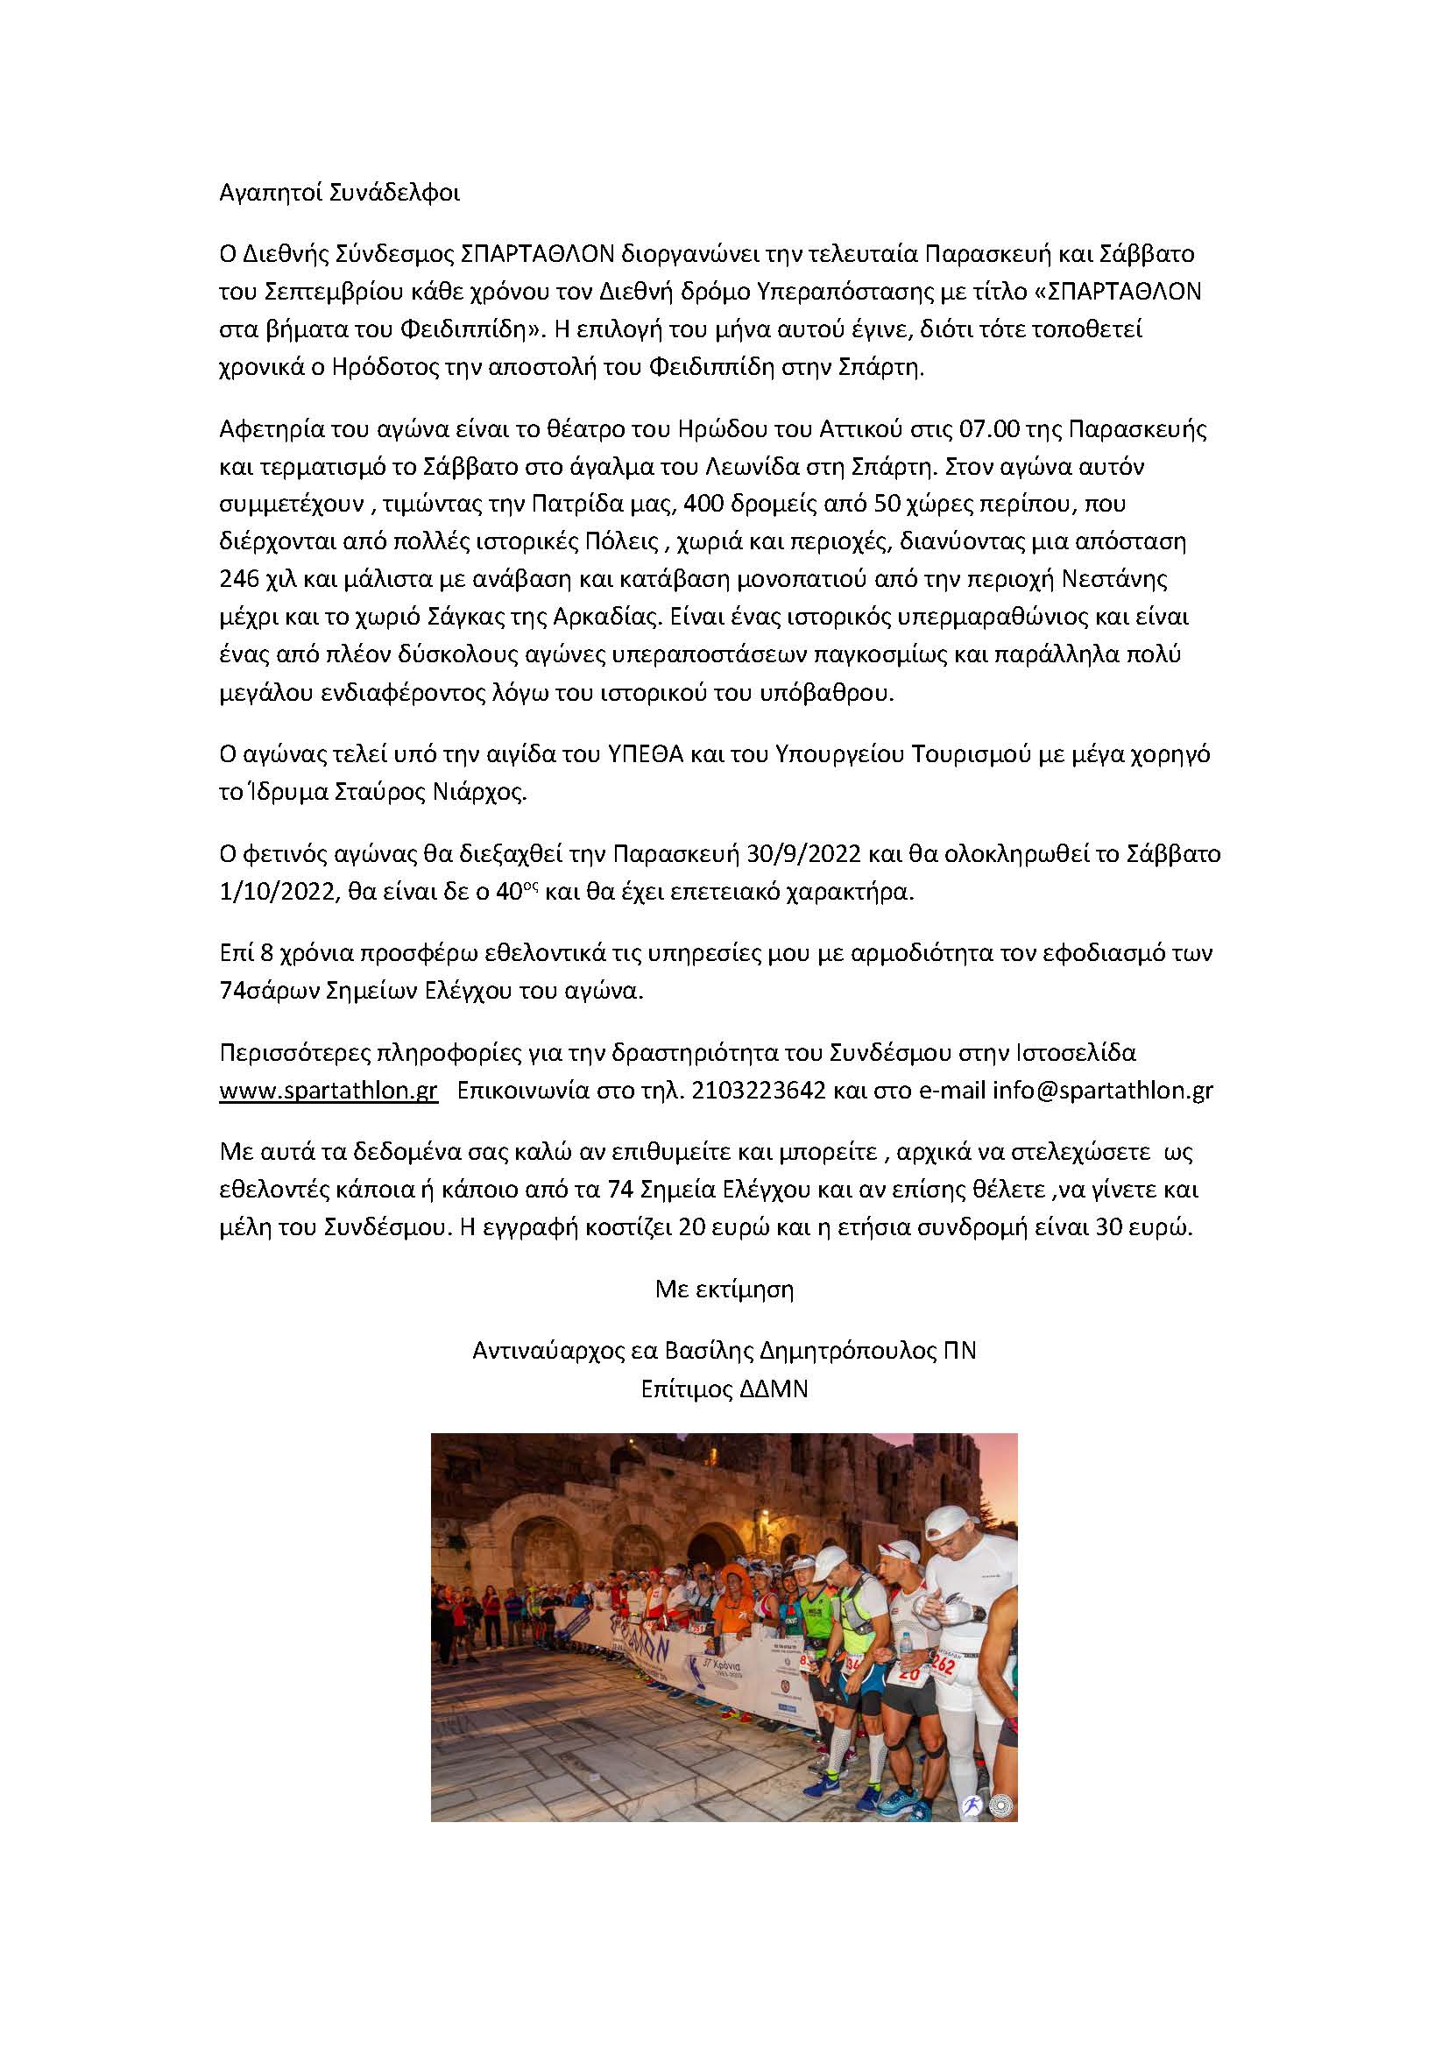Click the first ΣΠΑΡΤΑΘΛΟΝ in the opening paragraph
538,254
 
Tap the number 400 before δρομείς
703,505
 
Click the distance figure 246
239,580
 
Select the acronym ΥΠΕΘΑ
645,755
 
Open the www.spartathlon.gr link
329,1092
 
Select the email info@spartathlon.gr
1103,1092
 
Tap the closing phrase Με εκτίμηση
724,1289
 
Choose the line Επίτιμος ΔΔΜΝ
724,1389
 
